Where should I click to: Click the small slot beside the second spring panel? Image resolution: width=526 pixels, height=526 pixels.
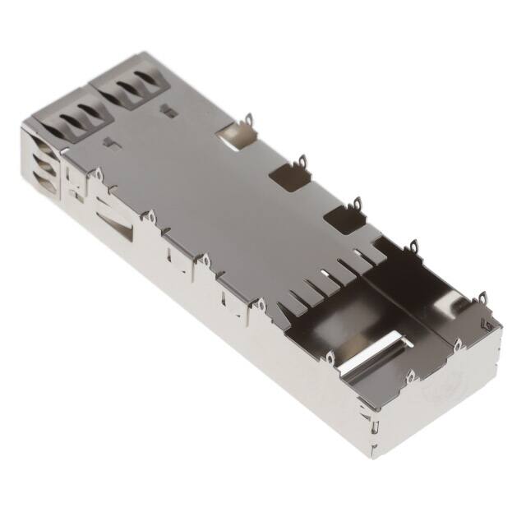pyautogui.click(x=168, y=112)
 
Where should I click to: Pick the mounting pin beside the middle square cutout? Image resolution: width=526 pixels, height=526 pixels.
pyautogui.click(x=302, y=161)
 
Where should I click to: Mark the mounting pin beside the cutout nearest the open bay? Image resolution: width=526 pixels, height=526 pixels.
pyautogui.click(x=358, y=202)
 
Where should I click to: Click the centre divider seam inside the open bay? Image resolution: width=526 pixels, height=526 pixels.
pyautogui.click(x=411, y=304)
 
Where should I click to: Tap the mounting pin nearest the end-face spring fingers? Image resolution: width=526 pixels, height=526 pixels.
pyautogui.click(x=96, y=174)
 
